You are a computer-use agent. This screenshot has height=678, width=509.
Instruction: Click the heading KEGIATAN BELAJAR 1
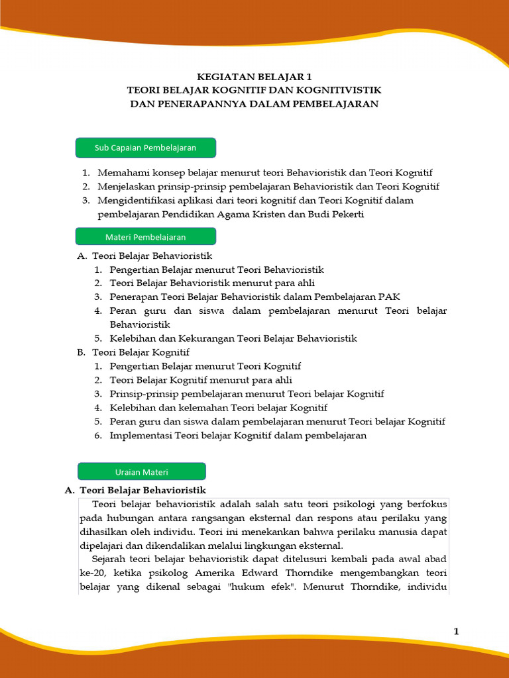(x=254, y=77)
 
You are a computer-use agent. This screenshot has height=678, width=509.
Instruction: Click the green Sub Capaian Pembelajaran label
(x=145, y=148)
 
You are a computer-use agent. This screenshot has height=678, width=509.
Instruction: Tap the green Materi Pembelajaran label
(x=145, y=236)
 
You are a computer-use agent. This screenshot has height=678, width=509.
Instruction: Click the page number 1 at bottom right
(x=456, y=631)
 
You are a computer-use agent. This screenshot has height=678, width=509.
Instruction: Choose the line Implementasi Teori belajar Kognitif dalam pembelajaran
(x=238, y=436)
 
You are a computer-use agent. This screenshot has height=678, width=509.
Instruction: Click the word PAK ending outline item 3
(x=390, y=297)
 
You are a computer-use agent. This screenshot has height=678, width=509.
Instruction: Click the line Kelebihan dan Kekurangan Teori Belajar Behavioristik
(x=233, y=338)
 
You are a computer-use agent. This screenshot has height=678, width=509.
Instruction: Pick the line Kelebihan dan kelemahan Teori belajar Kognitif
(x=219, y=408)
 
